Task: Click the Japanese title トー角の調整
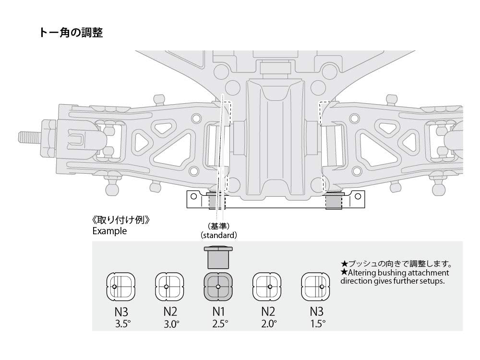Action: (x=72, y=33)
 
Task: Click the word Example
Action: (x=109, y=231)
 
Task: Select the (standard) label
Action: (x=219, y=235)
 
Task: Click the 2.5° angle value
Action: (x=219, y=324)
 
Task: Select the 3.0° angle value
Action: (x=171, y=324)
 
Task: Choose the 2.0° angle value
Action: (x=269, y=324)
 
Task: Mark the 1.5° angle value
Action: (x=317, y=324)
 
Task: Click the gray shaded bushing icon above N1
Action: (x=218, y=287)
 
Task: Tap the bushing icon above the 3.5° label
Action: (x=120, y=287)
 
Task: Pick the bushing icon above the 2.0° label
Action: (x=267, y=287)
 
